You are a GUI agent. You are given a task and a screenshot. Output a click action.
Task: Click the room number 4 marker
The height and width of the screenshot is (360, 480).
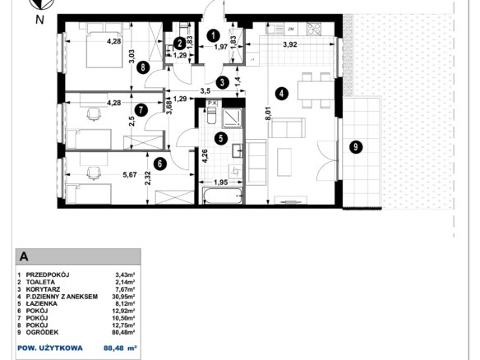click(x=282, y=94)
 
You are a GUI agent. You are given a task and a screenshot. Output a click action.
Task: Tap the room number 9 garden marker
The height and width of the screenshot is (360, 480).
click(x=356, y=147)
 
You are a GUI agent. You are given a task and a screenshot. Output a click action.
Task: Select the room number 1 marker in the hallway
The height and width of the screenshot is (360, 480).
click(x=213, y=36)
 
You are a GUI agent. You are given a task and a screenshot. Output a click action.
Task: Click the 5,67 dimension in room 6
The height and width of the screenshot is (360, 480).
click(x=130, y=174)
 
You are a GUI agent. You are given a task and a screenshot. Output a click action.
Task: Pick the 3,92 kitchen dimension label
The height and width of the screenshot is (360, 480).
click(x=289, y=44)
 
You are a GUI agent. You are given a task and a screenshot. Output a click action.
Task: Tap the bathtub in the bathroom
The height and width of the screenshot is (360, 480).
click(x=222, y=196)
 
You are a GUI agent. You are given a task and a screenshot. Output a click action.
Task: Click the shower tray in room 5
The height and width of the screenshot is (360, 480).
click(x=232, y=118)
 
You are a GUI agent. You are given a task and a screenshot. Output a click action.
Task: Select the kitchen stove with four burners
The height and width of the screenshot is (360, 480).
click(x=314, y=29)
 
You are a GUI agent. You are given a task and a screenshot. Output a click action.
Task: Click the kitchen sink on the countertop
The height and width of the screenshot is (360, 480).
click(x=275, y=29)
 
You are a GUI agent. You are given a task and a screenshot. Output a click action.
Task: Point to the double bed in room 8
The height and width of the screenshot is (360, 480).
click(x=104, y=48)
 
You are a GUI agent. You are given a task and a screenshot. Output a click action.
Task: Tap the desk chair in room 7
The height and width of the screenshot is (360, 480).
click(x=94, y=114)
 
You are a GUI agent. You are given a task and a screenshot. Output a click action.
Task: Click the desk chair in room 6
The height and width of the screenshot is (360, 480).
click(x=94, y=173)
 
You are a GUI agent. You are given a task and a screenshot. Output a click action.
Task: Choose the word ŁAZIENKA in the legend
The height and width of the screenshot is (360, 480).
click(x=41, y=303)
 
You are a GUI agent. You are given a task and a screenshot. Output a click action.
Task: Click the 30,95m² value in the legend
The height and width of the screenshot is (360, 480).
click(x=123, y=297)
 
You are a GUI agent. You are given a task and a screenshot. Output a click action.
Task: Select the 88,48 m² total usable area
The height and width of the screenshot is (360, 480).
click(x=120, y=348)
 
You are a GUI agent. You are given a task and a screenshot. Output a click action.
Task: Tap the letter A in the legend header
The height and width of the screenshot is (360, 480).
click(x=24, y=256)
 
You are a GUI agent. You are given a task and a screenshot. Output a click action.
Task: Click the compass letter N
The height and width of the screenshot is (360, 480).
click(x=39, y=20)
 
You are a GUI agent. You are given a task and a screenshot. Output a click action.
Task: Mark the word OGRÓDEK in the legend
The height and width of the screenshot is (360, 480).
click(x=42, y=332)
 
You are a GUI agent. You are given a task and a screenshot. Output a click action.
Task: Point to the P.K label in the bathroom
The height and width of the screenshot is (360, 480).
click(x=212, y=104)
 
